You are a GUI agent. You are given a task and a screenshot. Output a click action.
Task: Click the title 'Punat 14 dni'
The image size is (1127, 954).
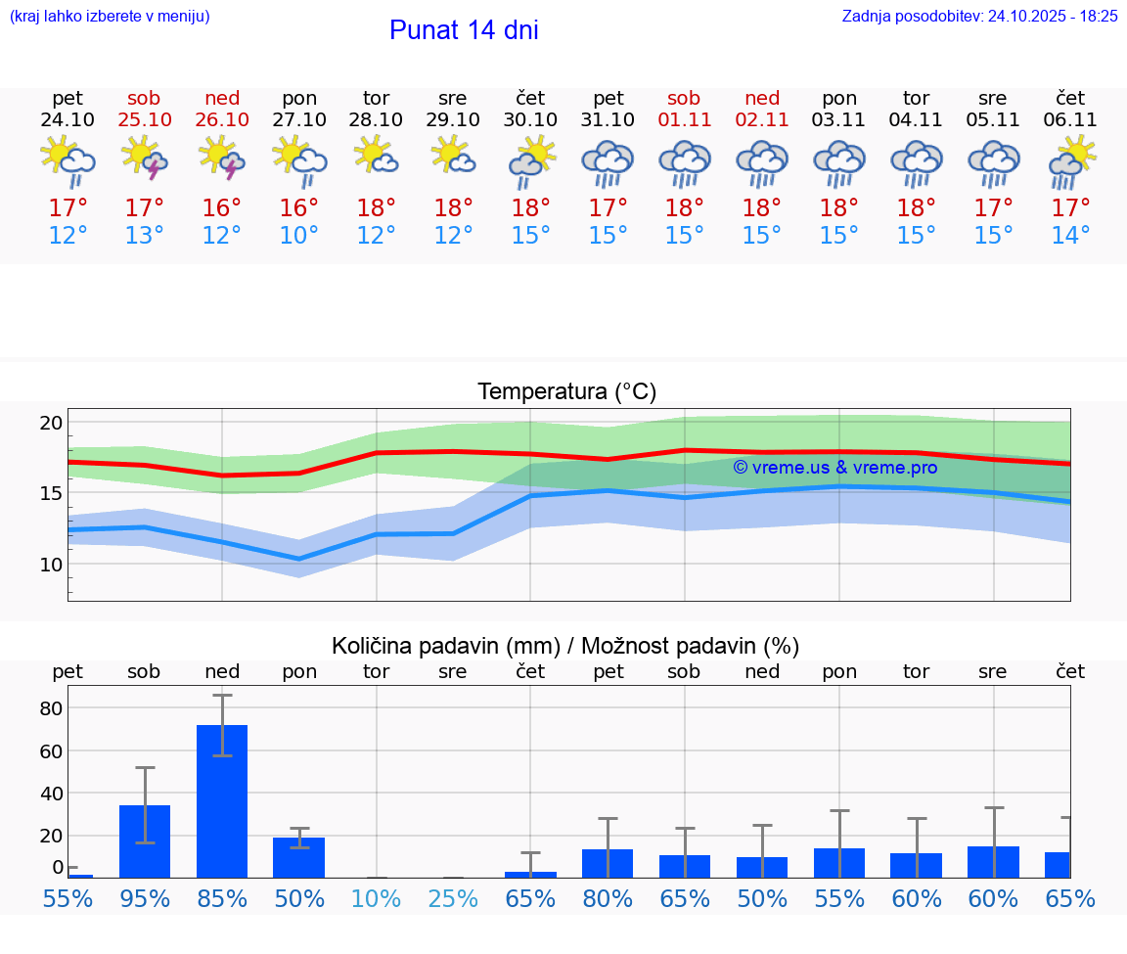(464, 30)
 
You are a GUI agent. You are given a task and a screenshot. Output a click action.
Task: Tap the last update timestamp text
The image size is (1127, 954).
(979, 16)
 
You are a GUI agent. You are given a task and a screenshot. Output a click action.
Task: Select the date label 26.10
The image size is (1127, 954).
(222, 119)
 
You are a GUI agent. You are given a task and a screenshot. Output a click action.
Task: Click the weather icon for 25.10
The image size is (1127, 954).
(145, 159)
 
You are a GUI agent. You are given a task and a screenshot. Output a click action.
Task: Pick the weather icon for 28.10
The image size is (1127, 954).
(376, 157)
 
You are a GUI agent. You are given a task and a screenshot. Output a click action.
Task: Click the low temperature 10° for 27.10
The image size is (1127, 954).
(298, 236)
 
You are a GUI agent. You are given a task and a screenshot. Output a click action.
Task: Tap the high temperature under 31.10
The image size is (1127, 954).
(608, 208)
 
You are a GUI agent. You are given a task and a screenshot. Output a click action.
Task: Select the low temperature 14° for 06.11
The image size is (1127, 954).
(1070, 236)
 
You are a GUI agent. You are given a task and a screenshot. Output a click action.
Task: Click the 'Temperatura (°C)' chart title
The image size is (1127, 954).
(566, 392)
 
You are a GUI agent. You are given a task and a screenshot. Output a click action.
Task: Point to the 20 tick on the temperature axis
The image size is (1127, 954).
(51, 424)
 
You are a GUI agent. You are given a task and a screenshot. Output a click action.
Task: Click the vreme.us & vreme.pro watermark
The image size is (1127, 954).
(834, 468)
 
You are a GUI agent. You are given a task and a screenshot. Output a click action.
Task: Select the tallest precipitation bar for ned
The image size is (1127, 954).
(222, 800)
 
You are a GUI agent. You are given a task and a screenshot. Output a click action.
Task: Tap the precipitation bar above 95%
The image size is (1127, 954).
(145, 841)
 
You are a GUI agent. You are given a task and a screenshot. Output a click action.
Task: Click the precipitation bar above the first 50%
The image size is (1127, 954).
(298, 857)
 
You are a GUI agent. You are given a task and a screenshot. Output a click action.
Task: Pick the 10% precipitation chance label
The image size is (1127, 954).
(376, 899)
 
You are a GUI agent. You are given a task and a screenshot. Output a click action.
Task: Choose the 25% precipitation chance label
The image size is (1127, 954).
(453, 899)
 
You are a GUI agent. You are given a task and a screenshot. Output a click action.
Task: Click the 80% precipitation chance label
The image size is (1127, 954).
(608, 899)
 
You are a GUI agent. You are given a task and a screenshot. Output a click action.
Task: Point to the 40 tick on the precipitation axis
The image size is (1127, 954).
(51, 794)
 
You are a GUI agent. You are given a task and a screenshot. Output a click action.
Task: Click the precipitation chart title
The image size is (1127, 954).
(565, 646)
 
